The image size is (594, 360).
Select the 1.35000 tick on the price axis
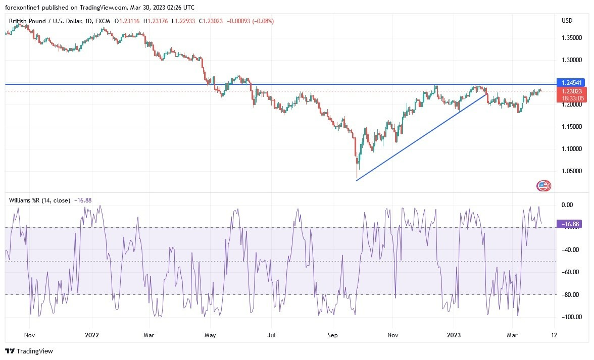[571, 38]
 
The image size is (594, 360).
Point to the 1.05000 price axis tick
[571, 171]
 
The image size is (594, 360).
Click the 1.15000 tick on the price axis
[571, 127]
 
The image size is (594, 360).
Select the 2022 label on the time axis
[91, 335]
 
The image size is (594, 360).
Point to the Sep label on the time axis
[332, 335]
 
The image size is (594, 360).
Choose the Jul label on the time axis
[272, 335]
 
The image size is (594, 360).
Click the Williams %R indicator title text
[39, 200]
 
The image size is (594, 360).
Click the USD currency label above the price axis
[567, 21]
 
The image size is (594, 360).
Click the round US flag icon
[543, 186]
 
